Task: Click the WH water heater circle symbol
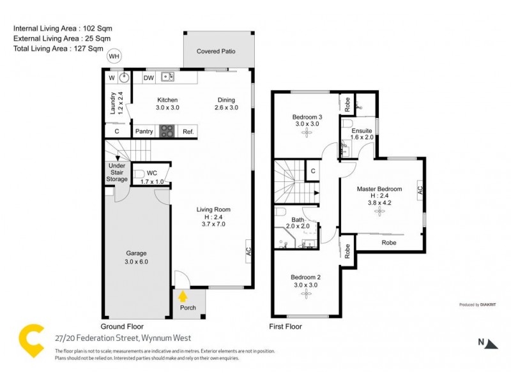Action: (x=114, y=56)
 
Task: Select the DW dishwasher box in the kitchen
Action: (x=148, y=78)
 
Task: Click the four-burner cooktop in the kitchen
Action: (x=167, y=131)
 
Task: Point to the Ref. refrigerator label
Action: (x=188, y=131)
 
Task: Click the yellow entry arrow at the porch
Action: (x=183, y=296)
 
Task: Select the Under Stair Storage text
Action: (x=117, y=172)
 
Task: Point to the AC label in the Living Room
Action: (x=248, y=251)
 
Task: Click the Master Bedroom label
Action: (x=379, y=189)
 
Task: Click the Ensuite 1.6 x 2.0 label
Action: (x=362, y=134)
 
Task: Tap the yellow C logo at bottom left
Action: (x=31, y=342)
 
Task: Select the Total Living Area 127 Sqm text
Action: (x=58, y=48)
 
